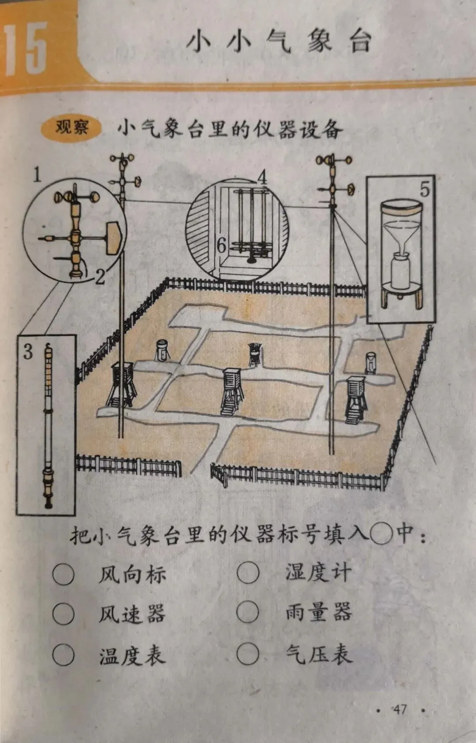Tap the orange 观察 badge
point(71,128)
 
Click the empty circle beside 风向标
point(63,574)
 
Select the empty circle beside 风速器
point(63,614)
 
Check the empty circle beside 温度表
point(63,655)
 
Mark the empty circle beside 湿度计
point(248,573)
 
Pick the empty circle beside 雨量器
point(248,612)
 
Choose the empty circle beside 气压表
point(248,654)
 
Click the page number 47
point(400,710)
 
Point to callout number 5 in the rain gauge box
point(424,189)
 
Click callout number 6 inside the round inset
point(222,245)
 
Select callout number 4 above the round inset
point(262,177)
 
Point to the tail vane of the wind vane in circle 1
point(114,238)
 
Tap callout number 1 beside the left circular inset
point(37,175)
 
